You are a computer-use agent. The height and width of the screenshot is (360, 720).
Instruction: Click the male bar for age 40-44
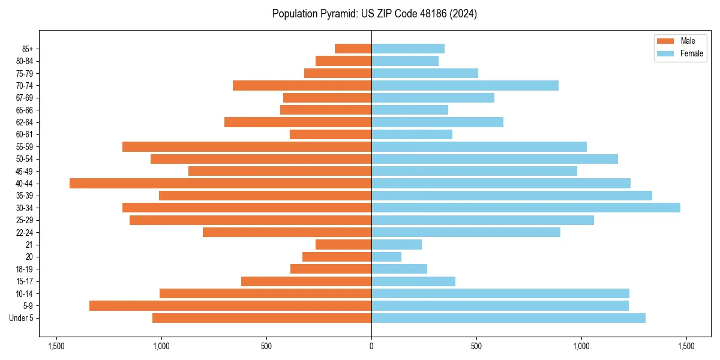[x=220, y=184]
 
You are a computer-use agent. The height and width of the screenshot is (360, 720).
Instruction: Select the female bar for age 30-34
[x=526, y=208]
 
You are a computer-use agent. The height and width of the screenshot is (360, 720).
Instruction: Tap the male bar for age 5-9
[x=230, y=306]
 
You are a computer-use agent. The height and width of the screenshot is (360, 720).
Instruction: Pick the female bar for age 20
[x=386, y=257]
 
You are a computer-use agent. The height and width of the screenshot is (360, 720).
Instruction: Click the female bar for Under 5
[x=508, y=318]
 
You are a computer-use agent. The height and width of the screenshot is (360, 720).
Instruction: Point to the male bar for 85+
[x=353, y=49]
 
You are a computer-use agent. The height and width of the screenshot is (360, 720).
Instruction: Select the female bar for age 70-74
[x=465, y=85]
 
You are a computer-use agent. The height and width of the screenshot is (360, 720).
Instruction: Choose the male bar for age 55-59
[x=247, y=147]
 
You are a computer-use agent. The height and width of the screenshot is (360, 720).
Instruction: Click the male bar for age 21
[x=343, y=245]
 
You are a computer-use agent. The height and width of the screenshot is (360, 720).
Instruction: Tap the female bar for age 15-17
[x=413, y=281]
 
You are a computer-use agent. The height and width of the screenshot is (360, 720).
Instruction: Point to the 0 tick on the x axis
[x=371, y=347]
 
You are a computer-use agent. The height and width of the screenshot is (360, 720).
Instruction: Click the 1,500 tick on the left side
[x=56, y=347]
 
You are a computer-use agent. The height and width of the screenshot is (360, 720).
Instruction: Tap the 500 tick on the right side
[x=476, y=347]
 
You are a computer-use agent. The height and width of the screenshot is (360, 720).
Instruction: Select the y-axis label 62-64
[x=25, y=122]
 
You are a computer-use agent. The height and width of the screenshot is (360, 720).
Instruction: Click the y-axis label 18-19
[x=25, y=269]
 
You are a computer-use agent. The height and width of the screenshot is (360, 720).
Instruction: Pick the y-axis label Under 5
[x=22, y=318]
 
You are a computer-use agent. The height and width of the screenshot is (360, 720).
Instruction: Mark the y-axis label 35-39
[x=25, y=196]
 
